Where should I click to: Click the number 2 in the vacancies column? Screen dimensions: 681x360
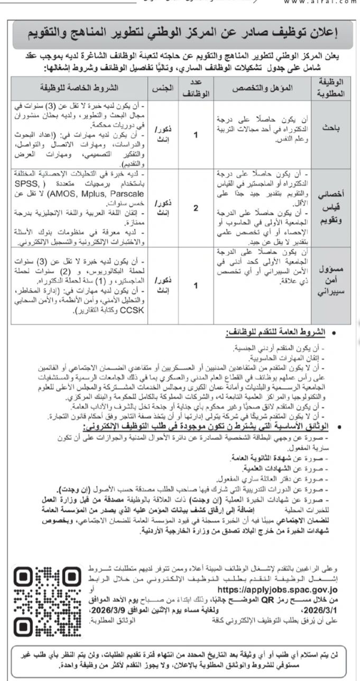[x=196, y=208]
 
